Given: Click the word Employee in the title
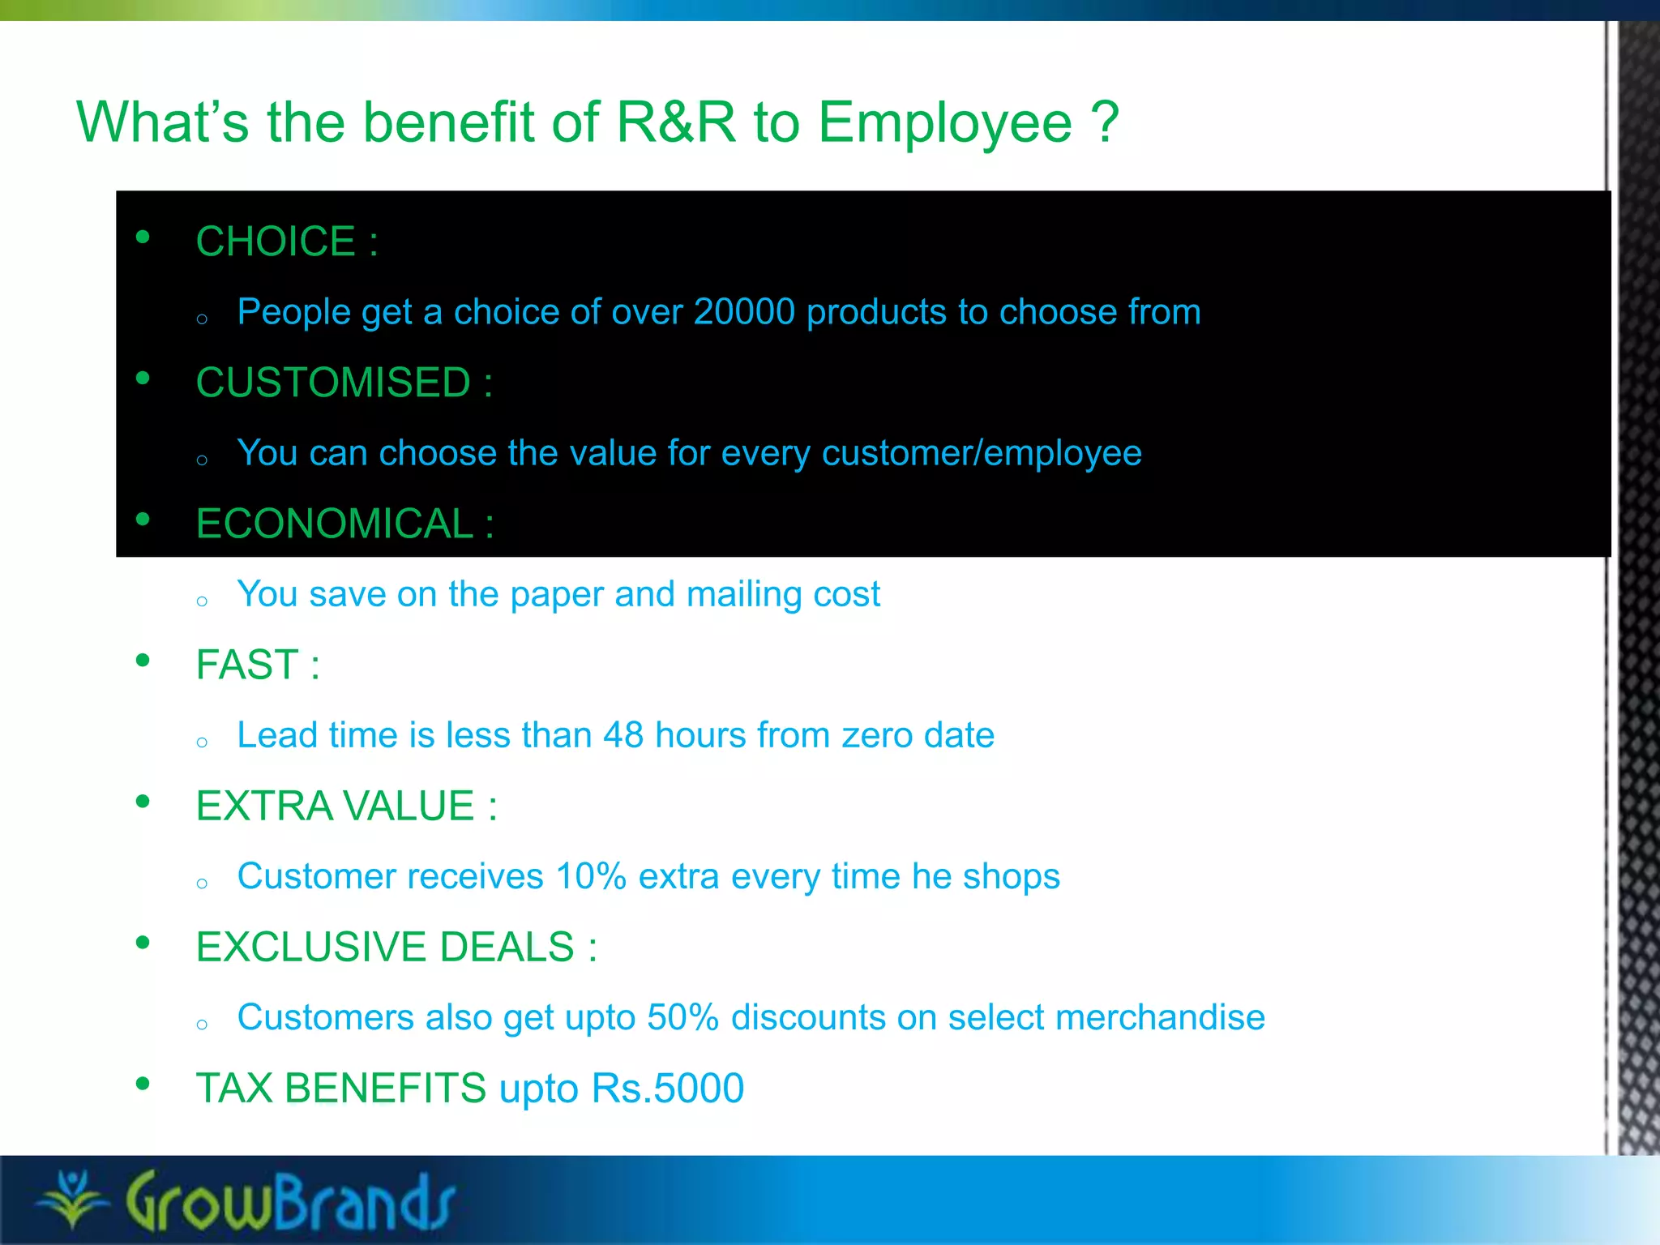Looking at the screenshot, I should click(x=944, y=123).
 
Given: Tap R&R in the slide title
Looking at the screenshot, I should click(x=676, y=123).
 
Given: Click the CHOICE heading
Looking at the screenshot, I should click(x=276, y=242).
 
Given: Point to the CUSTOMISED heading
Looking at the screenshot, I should click(x=333, y=383).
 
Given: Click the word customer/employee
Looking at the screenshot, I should click(x=981, y=453).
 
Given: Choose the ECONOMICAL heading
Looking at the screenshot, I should click(x=335, y=524).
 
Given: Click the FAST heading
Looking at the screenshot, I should click(x=247, y=665).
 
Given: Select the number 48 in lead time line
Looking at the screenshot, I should click(x=622, y=735).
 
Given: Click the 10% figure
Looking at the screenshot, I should click(x=591, y=876).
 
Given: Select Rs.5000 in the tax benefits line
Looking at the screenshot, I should click(x=667, y=1088).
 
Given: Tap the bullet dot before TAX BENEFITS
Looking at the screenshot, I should click(x=143, y=1084).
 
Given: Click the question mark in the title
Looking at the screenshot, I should click(x=1105, y=123).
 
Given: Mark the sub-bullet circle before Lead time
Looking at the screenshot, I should click(x=202, y=742).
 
